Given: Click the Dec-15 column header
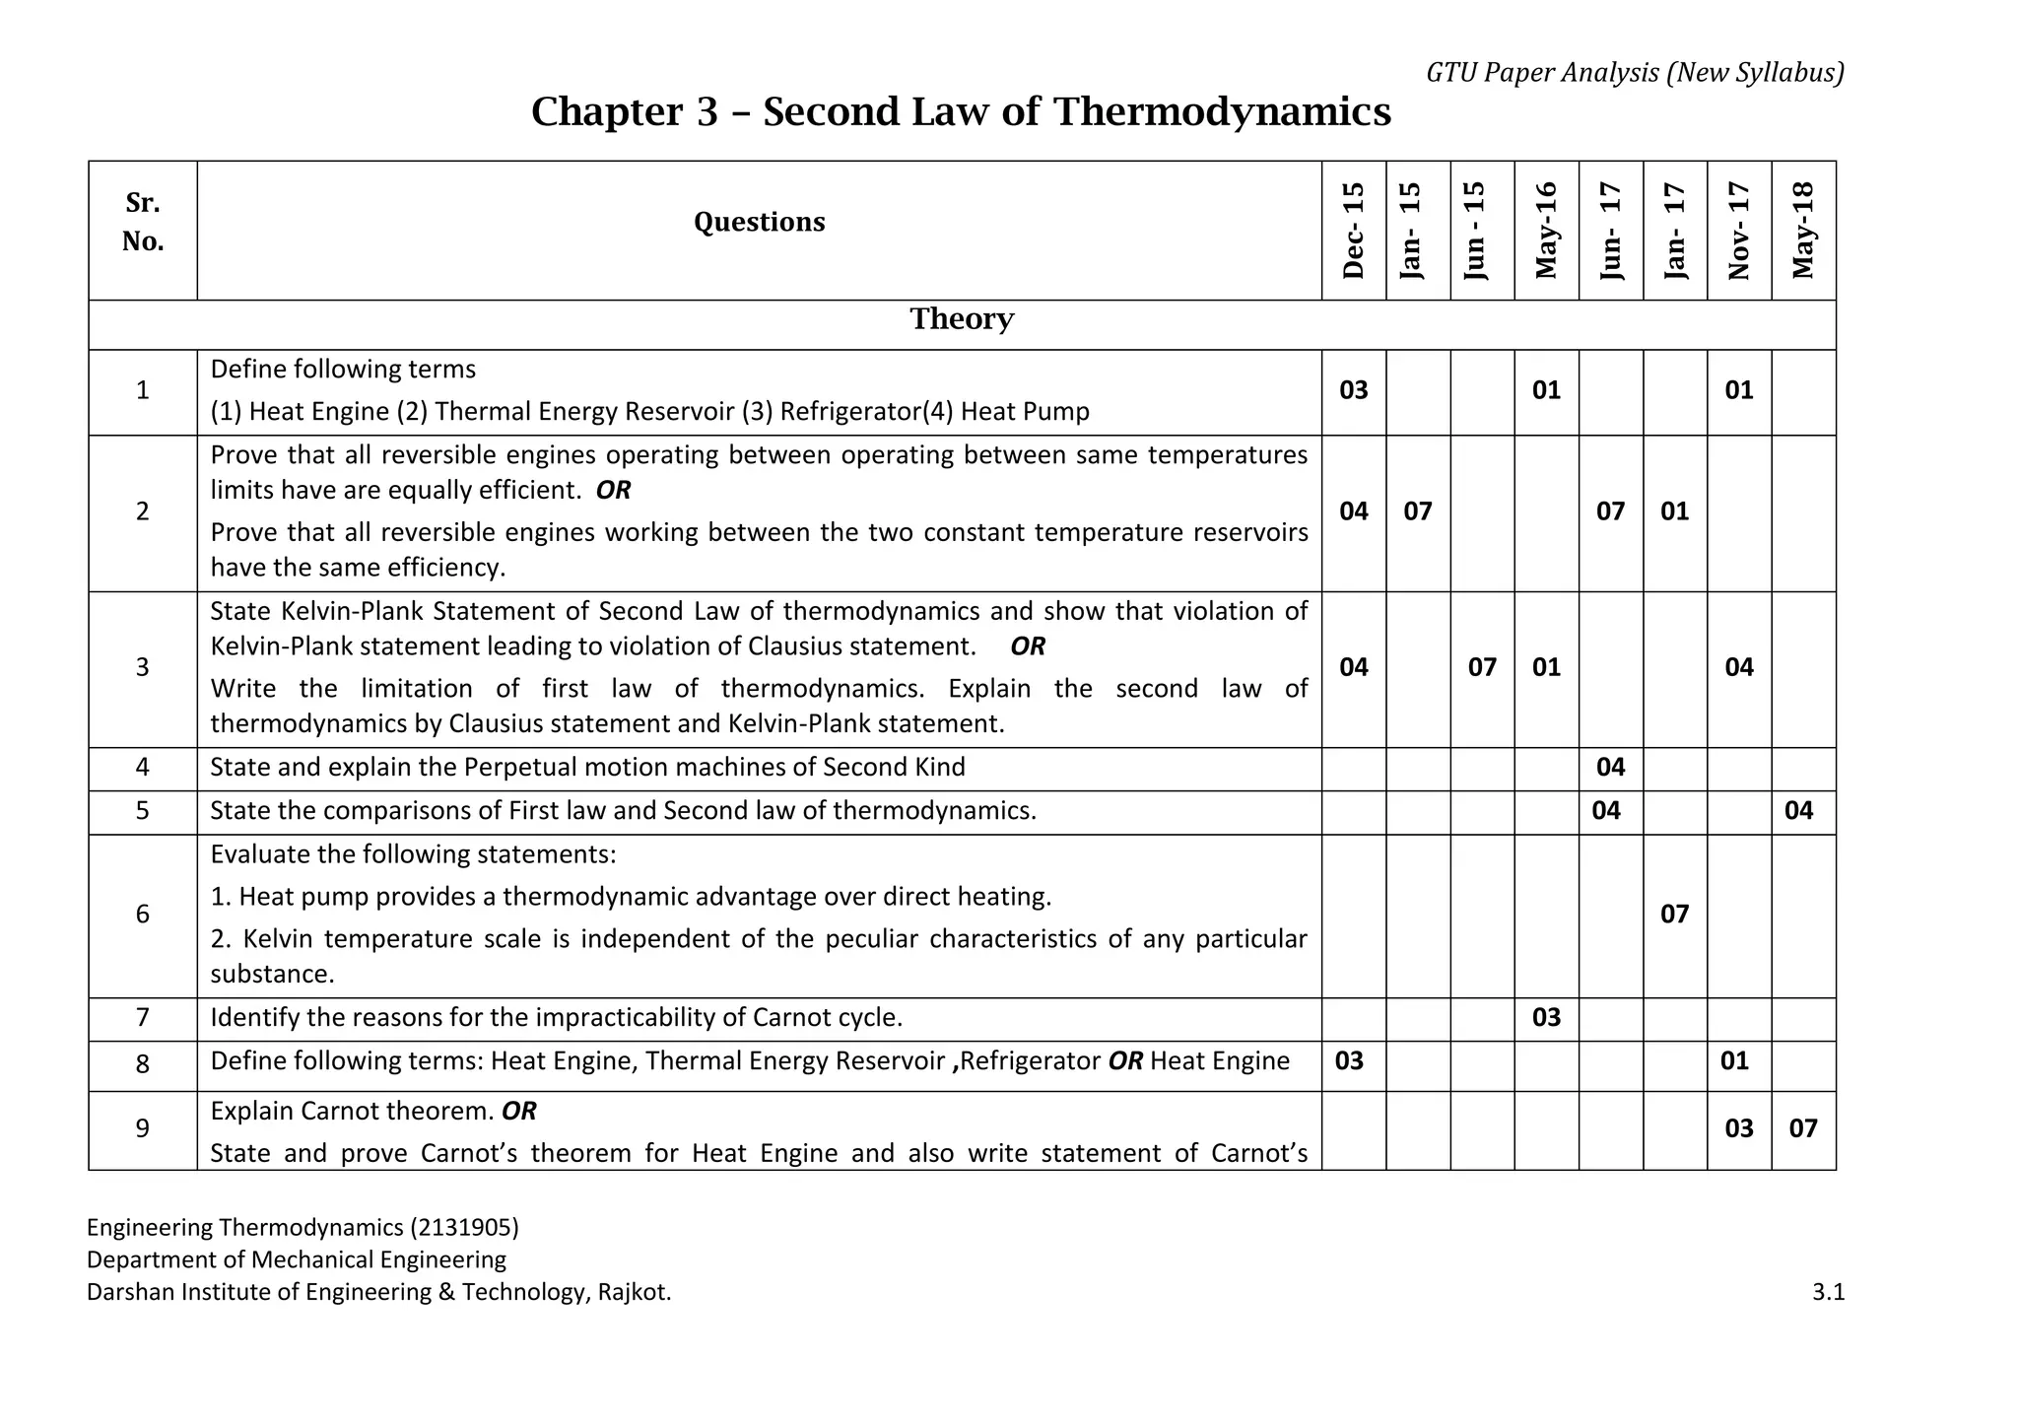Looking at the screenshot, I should pos(1354,231).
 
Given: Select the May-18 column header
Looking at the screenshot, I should pos(1803,231).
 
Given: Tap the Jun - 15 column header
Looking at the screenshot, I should pos(1482,231).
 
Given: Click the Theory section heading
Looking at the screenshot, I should pos(962,319).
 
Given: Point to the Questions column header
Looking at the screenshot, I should pos(759,222).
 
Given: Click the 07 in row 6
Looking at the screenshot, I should pos(1674,915).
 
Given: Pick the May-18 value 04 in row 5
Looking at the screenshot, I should pos(1798,811).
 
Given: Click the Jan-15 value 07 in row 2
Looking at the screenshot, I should pos(1418,511).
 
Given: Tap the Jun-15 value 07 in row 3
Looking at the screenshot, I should pos(1482,668).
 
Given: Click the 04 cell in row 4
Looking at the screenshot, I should pos(1610,768).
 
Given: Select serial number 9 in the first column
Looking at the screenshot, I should pos(143,1128).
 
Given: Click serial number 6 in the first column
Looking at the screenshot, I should pos(143,915).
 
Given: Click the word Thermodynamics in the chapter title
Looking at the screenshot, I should pos(1222,112).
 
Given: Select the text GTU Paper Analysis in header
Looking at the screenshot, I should pos(1542,73).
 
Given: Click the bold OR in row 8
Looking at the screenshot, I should pos(1125,1061).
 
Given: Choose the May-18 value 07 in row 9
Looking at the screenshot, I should pos(1803,1128).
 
